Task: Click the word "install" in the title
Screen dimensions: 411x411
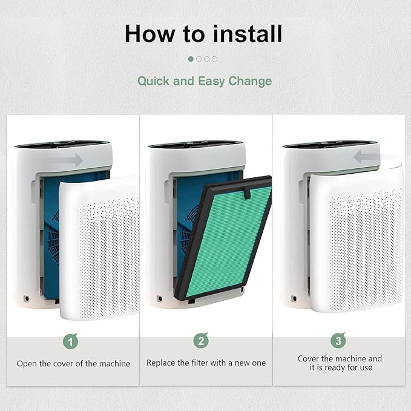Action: point(248,33)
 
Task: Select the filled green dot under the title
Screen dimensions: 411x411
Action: point(191,59)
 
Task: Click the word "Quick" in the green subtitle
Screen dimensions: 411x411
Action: point(153,81)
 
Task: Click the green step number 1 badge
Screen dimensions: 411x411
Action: point(70,341)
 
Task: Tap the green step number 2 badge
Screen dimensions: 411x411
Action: point(201,341)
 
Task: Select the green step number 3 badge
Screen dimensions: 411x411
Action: point(338,340)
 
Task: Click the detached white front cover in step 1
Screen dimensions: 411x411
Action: point(99,248)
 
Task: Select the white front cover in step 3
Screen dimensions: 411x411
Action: point(356,240)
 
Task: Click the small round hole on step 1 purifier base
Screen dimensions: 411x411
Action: point(27,298)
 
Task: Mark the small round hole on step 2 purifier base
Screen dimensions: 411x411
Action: point(159,298)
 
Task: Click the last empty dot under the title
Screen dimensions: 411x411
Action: point(215,59)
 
